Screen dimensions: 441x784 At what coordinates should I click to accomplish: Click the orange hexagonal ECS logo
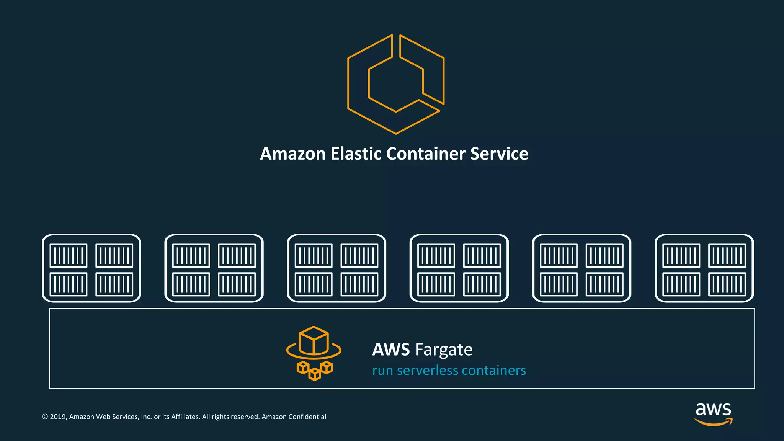tap(395, 84)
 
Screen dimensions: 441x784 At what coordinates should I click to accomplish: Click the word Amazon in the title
tap(293, 154)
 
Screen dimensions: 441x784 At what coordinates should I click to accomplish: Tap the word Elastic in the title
tap(356, 154)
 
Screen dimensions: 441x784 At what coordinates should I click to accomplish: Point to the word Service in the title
tap(499, 154)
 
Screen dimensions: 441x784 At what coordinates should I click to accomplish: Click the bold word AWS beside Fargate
tap(391, 350)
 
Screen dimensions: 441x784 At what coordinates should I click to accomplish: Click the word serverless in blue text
tap(427, 371)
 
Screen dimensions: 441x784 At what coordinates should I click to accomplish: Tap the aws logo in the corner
tap(713, 413)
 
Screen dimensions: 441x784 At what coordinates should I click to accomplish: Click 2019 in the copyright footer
tap(58, 417)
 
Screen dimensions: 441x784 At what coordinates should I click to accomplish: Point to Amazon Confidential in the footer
tap(294, 417)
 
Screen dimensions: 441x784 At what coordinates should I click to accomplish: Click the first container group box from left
tap(91, 268)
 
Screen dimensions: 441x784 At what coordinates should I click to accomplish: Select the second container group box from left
tap(214, 268)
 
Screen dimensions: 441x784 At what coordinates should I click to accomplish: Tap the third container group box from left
tap(336, 268)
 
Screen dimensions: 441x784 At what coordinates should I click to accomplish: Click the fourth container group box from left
tap(459, 268)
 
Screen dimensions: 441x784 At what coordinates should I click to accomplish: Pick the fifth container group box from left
tap(581, 268)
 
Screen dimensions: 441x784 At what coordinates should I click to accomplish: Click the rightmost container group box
tap(704, 268)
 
